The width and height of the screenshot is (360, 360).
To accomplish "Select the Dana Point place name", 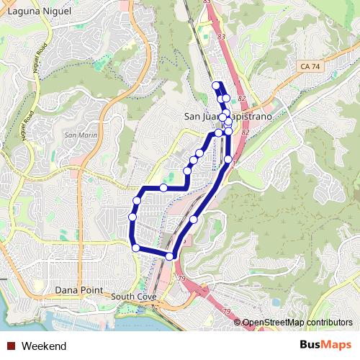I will (80, 290).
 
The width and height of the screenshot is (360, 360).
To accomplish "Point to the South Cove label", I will (135, 297).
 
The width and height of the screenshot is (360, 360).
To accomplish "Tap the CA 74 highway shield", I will (307, 66).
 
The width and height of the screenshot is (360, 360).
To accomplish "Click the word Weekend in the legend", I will (44, 346).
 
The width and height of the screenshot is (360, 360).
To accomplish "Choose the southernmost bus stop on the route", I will (170, 256).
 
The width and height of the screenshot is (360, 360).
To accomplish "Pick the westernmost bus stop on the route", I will (132, 216).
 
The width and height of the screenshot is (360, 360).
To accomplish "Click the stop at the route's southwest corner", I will (136, 248).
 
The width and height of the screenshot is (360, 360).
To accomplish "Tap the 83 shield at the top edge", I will (207, 3).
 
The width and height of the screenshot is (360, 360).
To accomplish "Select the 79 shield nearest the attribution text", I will (227, 311).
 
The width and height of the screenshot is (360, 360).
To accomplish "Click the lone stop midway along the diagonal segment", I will (194, 219).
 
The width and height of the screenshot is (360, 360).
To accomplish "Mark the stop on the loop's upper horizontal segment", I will (163, 188).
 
